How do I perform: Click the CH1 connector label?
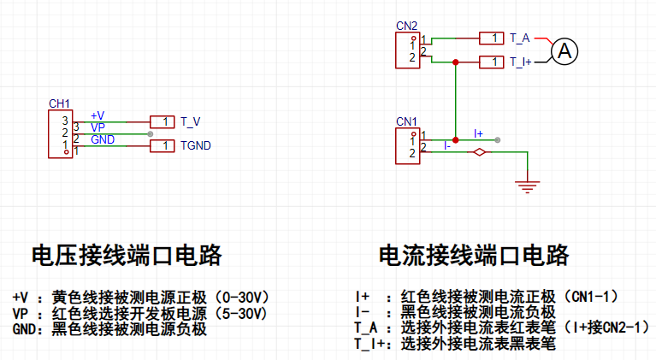pyautogui.click(x=59, y=103)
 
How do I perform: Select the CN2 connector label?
pyautogui.click(x=406, y=26)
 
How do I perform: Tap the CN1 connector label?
pyautogui.click(x=406, y=121)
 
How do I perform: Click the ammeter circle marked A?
pyautogui.click(x=564, y=51)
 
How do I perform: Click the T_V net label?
pyautogui.click(x=191, y=121)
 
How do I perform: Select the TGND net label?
pyautogui.click(x=195, y=145)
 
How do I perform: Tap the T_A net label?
pyautogui.click(x=520, y=38)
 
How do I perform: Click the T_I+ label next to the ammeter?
pyautogui.click(x=521, y=62)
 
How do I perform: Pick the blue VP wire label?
pyautogui.click(x=98, y=127)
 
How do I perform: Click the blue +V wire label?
pyautogui.click(x=98, y=115)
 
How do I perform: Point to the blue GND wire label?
pyautogui.click(x=103, y=139)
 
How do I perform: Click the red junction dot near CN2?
pyautogui.click(x=456, y=62)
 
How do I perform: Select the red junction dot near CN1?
pyautogui.click(x=456, y=140)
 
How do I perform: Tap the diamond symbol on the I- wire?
pyautogui.click(x=480, y=152)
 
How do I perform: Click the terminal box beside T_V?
pyautogui.click(x=163, y=122)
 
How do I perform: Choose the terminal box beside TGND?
pyautogui.click(x=163, y=146)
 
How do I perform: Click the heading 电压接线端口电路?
pyautogui.click(x=127, y=255)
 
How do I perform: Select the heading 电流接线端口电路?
pyautogui.click(x=474, y=255)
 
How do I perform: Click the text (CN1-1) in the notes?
pyautogui.click(x=591, y=297)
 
